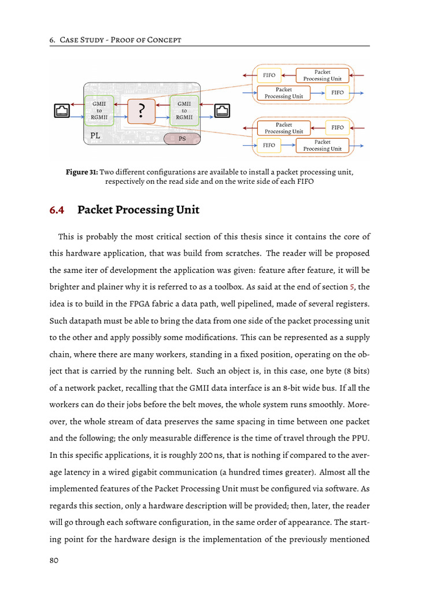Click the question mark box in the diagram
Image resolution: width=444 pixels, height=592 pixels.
(x=141, y=110)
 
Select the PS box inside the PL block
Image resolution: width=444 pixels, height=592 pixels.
(x=182, y=139)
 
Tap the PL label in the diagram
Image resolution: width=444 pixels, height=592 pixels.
(x=96, y=136)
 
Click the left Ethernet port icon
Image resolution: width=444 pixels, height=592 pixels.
(x=61, y=110)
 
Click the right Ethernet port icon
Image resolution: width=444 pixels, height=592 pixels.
(x=223, y=110)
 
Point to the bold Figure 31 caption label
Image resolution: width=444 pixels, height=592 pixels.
(x=82, y=172)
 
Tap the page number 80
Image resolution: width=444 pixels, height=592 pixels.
(x=54, y=560)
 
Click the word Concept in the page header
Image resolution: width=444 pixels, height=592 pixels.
(x=164, y=40)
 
